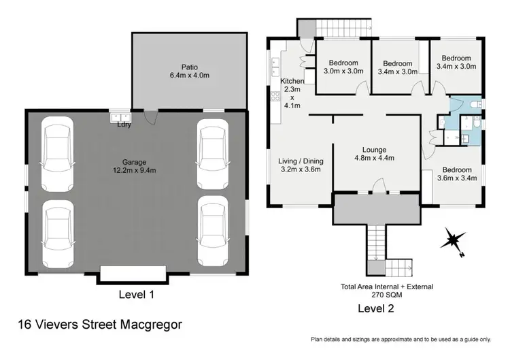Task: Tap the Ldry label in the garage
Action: tap(124, 125)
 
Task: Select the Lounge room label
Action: tap(374, 150)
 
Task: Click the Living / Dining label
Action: tap(301, 161)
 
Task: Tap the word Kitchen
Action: tap(292, 81)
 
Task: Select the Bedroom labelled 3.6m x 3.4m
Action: tap(456, 174)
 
